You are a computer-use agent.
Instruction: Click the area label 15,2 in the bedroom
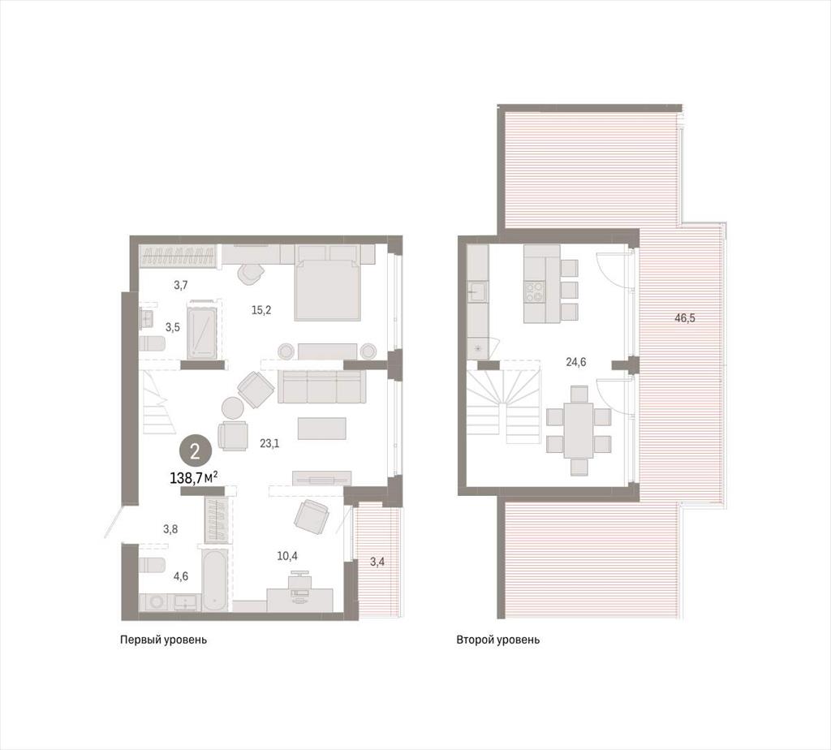point(261,310)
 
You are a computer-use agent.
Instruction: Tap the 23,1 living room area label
point(269,443)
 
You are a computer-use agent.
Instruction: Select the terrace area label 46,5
point(685,318)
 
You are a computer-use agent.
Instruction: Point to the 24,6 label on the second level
point(575,363)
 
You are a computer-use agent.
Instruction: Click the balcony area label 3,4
point(377,562)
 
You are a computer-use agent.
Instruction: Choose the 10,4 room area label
point(287,555)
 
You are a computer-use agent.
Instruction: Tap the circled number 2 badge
point(195,451)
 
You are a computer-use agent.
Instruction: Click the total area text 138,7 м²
point(194,478)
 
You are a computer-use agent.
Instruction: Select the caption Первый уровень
point(163,640)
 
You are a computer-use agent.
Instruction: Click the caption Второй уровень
point(497,640)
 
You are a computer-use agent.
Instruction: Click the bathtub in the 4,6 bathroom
point(215,580)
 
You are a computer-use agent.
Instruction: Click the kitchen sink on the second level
point(477,291)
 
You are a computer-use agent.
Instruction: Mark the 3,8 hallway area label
point(170,528)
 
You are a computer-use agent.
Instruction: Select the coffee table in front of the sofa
point(321,429)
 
